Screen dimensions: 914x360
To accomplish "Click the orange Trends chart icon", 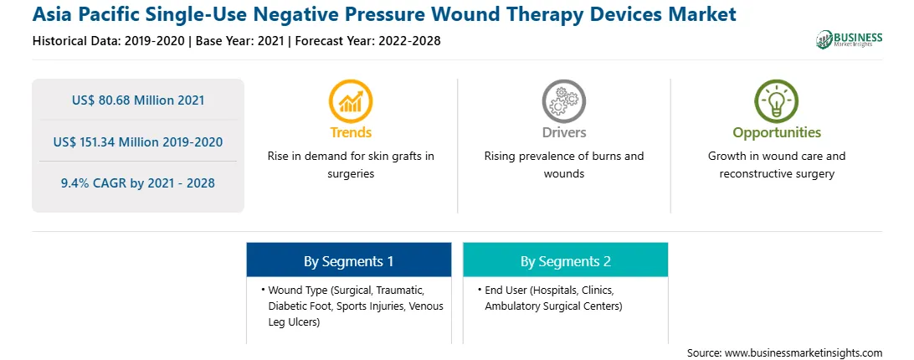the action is point(351,100).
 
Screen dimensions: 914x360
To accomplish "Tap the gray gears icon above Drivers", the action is point(563,100).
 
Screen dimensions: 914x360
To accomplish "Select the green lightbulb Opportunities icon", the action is point(777,100).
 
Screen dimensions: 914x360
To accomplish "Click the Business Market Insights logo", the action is point(850,39).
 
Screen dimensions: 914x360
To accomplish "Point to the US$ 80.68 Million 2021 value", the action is point(138,100).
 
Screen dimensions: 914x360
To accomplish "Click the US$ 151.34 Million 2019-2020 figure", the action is point(138,141).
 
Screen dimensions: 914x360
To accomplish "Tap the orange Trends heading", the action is point(351,132).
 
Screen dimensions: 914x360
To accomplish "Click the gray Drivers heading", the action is point(563,132).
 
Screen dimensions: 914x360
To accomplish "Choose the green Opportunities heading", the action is point(777,132).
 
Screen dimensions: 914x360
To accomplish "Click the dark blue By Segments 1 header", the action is point(348,261).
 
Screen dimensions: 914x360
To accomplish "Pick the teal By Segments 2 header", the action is point(566,261).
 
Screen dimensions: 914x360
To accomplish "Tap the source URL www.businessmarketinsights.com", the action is point(804,353).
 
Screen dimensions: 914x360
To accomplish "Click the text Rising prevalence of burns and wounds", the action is point(563,165).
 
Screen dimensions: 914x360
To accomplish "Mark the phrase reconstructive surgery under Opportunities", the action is point(777,174).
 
